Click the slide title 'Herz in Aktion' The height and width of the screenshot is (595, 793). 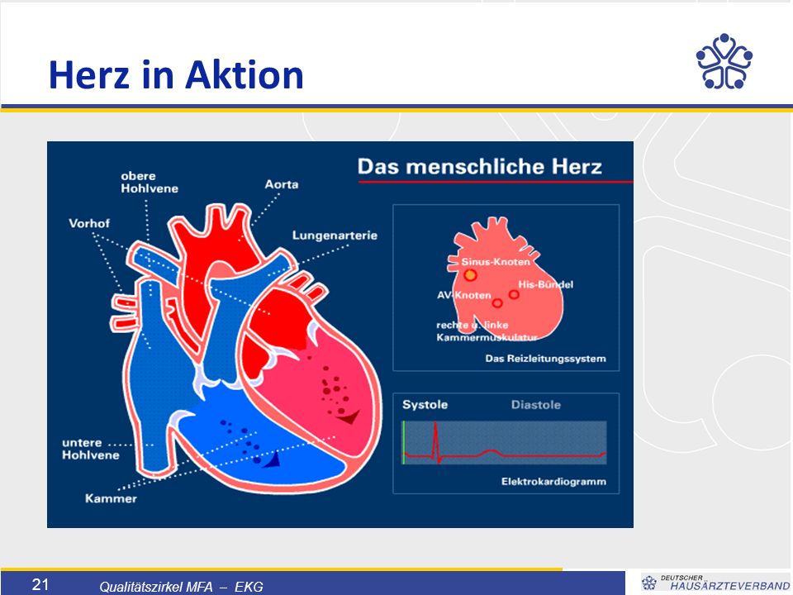pos(176,75)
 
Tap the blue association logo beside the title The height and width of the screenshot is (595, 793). pos(724,61)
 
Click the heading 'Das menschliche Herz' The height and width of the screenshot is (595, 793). pos(479,166)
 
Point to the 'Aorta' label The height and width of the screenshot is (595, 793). pos(281,184)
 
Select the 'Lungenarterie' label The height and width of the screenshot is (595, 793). pos(335,236)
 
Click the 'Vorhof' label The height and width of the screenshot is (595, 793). pos(89,223)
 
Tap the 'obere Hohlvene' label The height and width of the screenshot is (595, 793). pos(150,182)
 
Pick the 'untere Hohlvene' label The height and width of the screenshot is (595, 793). pos(91,449)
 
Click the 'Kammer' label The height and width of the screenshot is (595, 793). pos(111,499)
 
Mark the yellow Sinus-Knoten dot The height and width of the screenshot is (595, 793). pos(470,275)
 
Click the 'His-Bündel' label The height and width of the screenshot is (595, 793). pos(546,284)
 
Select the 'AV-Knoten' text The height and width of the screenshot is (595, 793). pos(463,295)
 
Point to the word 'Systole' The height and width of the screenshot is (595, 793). pos(425,405)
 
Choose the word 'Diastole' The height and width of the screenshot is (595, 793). pos(535,405)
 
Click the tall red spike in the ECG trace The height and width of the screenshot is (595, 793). pos(435,441)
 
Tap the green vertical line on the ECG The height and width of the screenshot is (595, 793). pos(404,442)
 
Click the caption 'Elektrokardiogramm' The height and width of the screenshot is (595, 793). pos(553,481)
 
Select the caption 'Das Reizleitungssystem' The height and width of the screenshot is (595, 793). pos(545,359)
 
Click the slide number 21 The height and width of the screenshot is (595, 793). pos(40,585)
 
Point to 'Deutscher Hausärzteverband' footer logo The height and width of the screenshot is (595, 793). pos(715,583)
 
